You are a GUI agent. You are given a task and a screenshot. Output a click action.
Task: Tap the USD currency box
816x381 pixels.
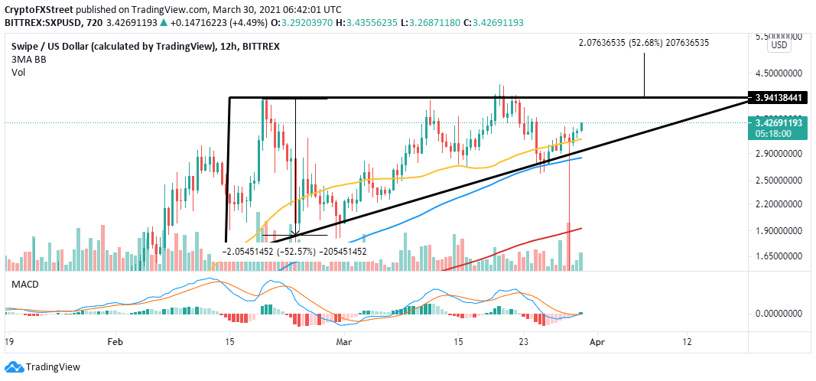(779, 45)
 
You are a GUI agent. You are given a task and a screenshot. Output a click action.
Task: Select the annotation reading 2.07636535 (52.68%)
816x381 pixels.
(644, 42)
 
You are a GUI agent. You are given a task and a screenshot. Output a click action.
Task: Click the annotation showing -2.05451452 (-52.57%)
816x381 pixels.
(295, 250)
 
